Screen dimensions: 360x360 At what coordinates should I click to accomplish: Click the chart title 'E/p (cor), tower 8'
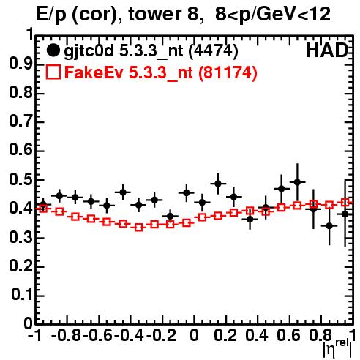[120, 15]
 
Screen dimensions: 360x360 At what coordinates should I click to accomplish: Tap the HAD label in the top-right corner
[327, 50]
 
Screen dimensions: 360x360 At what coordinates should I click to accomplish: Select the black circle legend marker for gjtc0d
[53, 50]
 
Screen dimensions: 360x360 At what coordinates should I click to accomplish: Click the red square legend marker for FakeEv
[53, 72]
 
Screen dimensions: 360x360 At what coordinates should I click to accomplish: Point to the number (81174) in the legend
[228, 72]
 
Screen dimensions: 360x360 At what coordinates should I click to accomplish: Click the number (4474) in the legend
[214, 50]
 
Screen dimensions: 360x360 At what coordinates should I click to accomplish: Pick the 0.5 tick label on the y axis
[20, 179]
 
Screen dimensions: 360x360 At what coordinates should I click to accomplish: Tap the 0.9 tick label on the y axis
[20, 64]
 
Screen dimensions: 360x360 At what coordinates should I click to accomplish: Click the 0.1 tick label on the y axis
[22, 295]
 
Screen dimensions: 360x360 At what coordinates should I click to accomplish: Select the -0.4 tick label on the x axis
[129, 335]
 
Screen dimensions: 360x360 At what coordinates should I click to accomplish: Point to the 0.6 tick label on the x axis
[288, 335]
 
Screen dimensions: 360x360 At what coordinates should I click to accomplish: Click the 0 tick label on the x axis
[194, 335]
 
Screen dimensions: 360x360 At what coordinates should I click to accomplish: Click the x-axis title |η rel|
[337, 349]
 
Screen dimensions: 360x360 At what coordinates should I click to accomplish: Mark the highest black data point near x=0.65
[297, 182]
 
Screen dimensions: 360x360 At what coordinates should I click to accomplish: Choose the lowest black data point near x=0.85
[329, 226]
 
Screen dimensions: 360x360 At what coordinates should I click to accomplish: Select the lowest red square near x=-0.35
[139, 228]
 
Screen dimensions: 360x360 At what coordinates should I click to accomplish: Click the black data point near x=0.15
[218, 184]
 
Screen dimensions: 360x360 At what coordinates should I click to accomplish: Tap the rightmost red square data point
[345, 202]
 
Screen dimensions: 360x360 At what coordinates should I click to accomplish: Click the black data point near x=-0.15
[170, 216]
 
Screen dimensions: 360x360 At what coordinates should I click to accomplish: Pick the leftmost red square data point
[43, 209]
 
